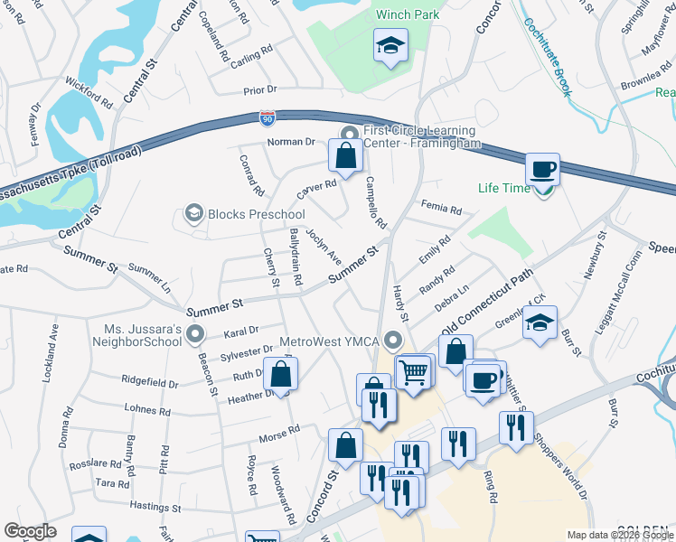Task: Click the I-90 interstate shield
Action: pyautogui.click(x=267, y=117)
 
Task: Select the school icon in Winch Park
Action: pyautogui.click(x=391, y=44)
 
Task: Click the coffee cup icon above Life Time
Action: pyautogui.click(x=542, y=169)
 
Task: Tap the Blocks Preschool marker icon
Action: pyautogui.click(x=192, y=214)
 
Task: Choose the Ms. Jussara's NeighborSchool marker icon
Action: pyautogui.click(x=195, y=336)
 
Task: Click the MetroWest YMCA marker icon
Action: pyautogui.click(x=392, y=341)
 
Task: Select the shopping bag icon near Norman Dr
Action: pyautogui.click(x=346, y=155)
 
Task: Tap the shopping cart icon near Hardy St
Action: pyautogui.click(x=413, y=370)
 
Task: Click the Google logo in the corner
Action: pyautogui.click(x=30, y=531)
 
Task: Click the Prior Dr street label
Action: pyautogui.click(x=259, y=90)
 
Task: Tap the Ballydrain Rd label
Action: pyautogui.click(x=295, y=257)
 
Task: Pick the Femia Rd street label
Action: pyautogui.click(x=443, y=210)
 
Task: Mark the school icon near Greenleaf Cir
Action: pyautogui.click(x=540, y=322)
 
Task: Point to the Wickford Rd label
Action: pyautogui.click(x=89, y=93)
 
